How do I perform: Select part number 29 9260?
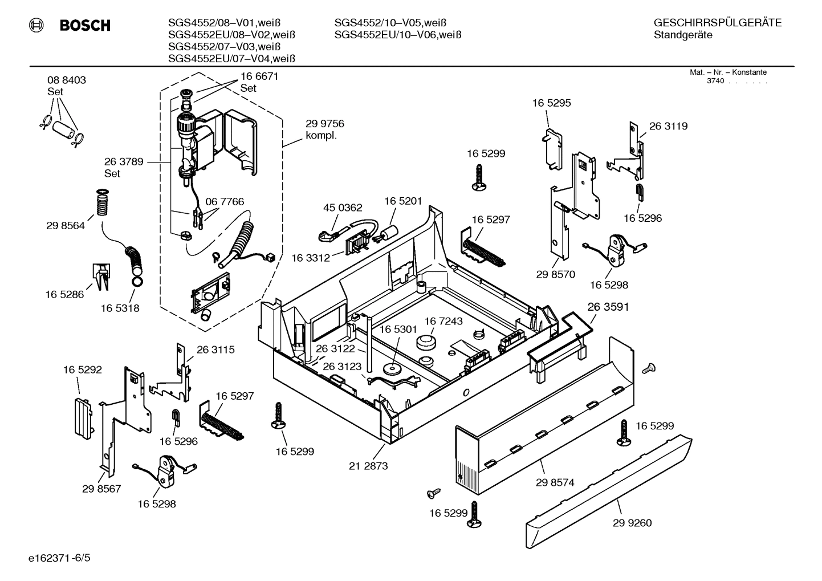pyautogui.click(x=632, y=523)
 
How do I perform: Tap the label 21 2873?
pyautogui.click(x=368, y=466)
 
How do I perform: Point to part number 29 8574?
pyautogui.click(x=555, y=482)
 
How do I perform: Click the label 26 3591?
pyautogui.click(x=608, y=307)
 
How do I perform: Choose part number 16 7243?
pyautogui.click(x=443, y=321)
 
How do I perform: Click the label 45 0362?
pyautogui.click(x=343, y=208)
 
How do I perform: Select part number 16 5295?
pyautogui.click(x=551, y=103)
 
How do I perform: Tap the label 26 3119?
pyautogui.click(x=668, y=126)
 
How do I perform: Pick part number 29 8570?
pyautogui.click(x=556, y=274)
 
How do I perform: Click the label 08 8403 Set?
pyautogui.click(x=67, y=86)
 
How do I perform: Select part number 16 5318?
pyautogui.click(x=120, y=308)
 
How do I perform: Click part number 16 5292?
pyautogui.click(x=83, y=369)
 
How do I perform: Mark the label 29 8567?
pyautogui.click(x=101, y=489)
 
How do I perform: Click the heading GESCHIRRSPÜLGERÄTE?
pyautogui.click(x=717, y=23)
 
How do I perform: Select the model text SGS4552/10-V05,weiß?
pyautogui.click(x=390, y=23)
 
